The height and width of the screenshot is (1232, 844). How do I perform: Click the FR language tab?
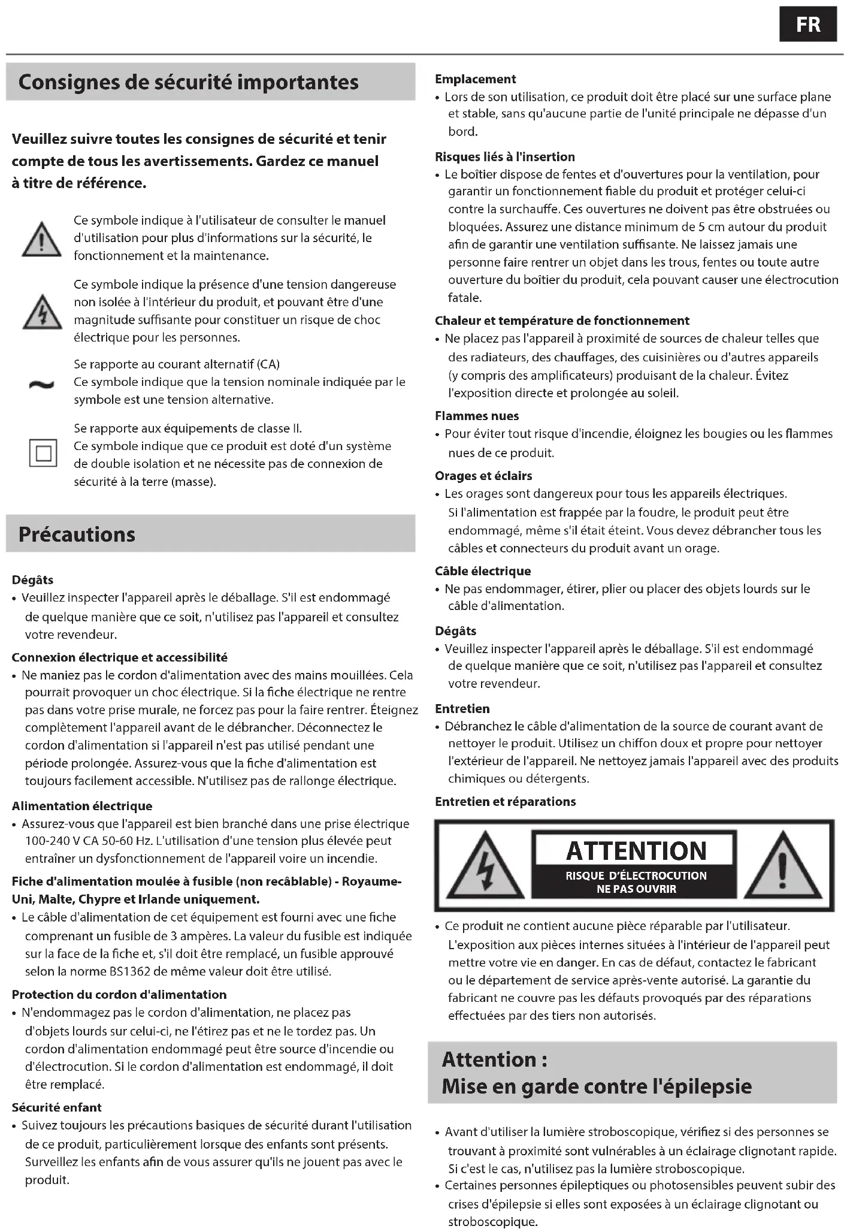tap(807, 25)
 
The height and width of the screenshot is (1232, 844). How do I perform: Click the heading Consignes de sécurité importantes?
tap(188, 82)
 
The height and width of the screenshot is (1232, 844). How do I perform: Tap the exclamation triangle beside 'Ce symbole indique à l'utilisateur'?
tap(41, 239)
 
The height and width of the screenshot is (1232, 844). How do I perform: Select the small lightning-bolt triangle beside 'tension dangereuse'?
tap(42, 312)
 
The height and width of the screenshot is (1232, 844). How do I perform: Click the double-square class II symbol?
tap(43, 453)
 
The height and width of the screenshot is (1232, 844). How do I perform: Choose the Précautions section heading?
tap(77, 534)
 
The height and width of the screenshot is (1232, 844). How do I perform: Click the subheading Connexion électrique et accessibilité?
tap(119, 657)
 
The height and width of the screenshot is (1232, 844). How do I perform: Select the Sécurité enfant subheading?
tap(57, 1107)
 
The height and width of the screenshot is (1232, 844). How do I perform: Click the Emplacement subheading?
tap(475, 79)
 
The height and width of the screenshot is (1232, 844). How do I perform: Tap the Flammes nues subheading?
tap(477, 416)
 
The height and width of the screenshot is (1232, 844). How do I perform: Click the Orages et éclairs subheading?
tap(483, 476)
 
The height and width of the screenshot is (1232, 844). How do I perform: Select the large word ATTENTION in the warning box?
tap(636, 850)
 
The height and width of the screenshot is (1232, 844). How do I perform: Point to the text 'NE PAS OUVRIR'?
tap(636, 889)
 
